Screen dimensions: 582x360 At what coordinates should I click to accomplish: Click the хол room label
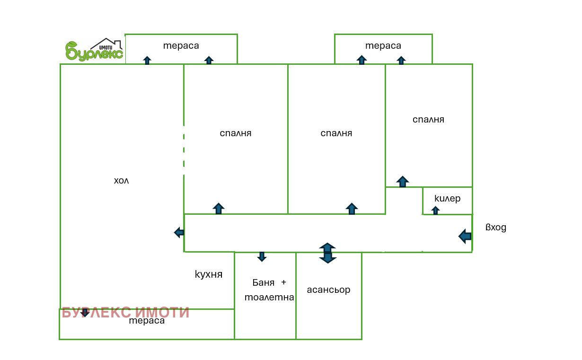[121, 181]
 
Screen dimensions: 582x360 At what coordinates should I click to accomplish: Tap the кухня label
[209, 274]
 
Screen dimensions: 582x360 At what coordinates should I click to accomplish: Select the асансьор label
[328, 290]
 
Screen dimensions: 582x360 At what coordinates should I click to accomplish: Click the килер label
[448, 198]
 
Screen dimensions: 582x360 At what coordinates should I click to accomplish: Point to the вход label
[496, 228]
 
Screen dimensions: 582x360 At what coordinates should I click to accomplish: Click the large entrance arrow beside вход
[465, 236]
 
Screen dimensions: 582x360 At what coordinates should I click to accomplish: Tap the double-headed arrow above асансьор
[327, 253]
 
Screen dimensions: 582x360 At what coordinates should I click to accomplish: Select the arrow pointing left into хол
[179, 232]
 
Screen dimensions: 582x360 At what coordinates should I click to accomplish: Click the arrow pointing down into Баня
[262, 256]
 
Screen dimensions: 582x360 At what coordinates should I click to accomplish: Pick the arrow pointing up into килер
[435, 210]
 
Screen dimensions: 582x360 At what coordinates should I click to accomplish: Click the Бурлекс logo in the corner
[94, 50]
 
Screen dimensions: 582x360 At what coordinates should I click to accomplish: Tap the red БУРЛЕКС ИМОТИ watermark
[125, 312]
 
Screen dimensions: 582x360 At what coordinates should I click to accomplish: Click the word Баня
[263, 282]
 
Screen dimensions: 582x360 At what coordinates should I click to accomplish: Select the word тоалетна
[269, 297]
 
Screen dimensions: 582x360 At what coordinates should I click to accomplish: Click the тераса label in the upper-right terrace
[383, 46]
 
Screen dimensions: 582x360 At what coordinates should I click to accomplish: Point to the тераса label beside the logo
[181, 46]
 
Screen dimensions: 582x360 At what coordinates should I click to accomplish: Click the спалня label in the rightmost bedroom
[428, 120]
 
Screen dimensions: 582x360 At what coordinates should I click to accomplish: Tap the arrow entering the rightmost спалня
[403, 182]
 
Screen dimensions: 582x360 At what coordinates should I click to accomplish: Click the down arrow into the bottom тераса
[85, 313]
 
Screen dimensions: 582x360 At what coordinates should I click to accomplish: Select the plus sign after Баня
[284, 282]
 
